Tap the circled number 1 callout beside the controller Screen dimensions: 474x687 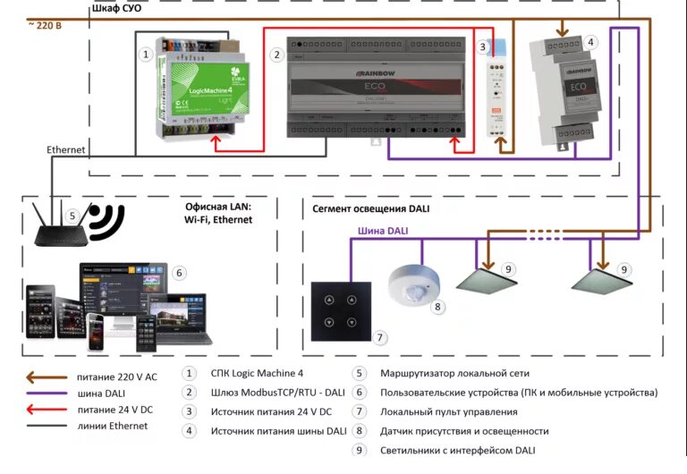pos(146,55)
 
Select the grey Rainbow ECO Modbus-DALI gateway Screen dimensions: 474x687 pos(376,87)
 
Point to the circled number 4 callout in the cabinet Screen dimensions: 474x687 pos(590,41)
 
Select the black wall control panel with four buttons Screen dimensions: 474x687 pos(340,309)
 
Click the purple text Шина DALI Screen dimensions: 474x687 pos(383,231)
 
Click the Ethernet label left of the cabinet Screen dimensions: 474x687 pos(66,149)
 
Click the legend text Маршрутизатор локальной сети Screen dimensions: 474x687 pos(455,373)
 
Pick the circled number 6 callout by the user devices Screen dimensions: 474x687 pos(179,273)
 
